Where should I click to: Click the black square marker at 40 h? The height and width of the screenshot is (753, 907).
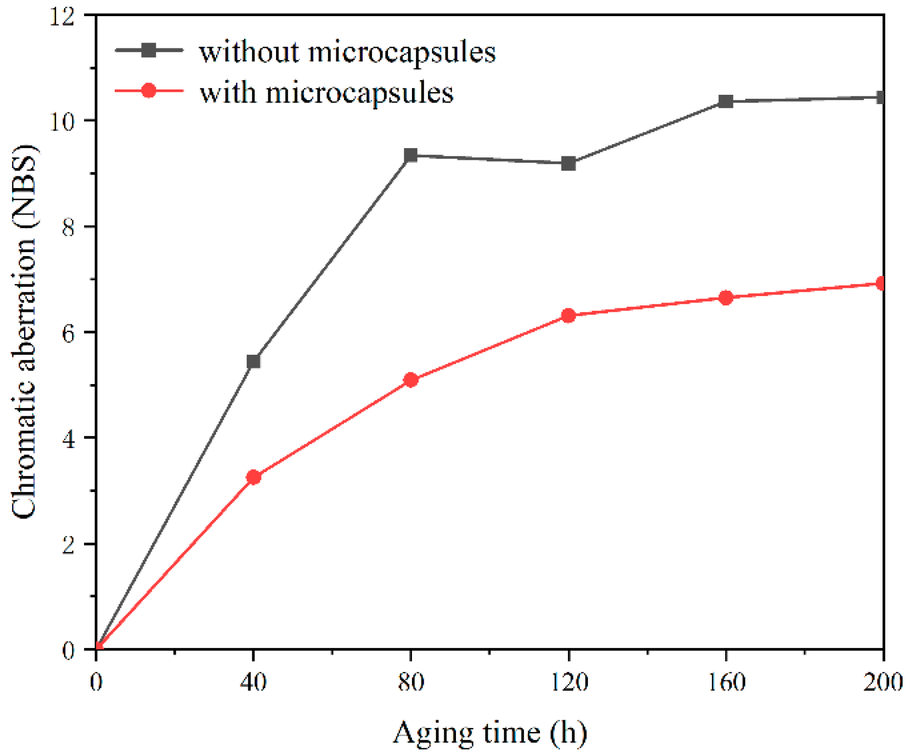pyautogui.click(x=253, y=362)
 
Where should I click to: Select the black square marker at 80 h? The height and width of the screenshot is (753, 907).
pyautogui.click(x=410, y=156)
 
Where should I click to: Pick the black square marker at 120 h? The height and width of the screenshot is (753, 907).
pyautogui.click(x=568, y=163)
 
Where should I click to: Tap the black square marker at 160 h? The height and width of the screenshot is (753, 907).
pyautogui.click(x=726, y=102)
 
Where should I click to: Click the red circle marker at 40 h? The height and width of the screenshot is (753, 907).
pyautogui.click(x=253, y=477)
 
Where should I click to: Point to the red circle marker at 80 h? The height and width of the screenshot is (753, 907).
pyautogui.click(x=410, y=380)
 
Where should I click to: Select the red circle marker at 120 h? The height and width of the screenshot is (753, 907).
pyautogui.click(x=568, y=315)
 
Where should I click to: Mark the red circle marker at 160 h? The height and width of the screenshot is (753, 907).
pyautogui.click(x=726, y=298)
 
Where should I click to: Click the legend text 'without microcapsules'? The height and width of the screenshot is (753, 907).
pyautogui.click(x=347, y=52)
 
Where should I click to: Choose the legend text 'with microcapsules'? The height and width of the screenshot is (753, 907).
pyautogui.click(x=326, y=92)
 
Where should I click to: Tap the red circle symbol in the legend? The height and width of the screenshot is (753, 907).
pyautogui.click(x=149, y=91)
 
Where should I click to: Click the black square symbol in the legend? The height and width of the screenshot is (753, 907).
pyautogui.click(x=149, y=50)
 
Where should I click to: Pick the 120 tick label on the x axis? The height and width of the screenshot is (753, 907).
pyautogui.click(x=568, y=681)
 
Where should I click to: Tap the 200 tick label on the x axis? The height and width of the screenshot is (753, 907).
pyautogui.click(x=883, y=681)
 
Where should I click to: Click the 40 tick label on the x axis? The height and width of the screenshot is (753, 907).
pyautogui.click(x=253, y=681)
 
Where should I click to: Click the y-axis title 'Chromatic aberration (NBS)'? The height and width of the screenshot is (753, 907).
pyautogui.click(x=24, y=332)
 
